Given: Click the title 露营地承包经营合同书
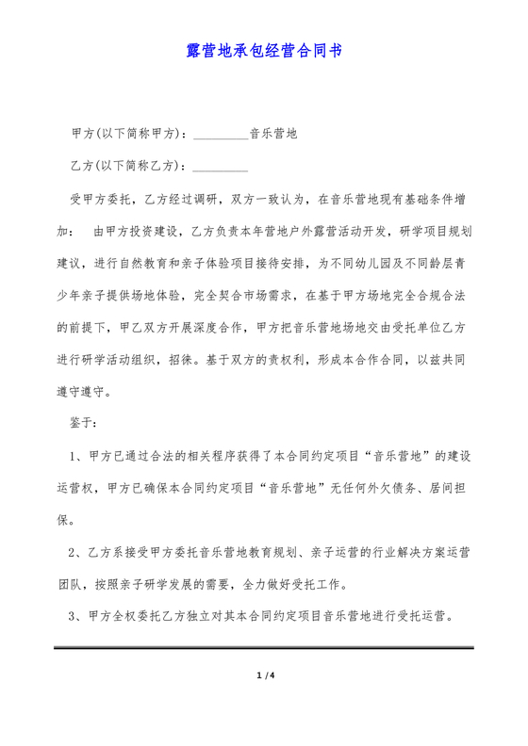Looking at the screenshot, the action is [x=264, y=50].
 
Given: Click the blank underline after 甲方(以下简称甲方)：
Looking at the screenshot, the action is [x=220, y=134].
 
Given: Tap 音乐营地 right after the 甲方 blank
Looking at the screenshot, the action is [x=273, y=134].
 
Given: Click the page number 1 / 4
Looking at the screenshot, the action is [x=264, y=674].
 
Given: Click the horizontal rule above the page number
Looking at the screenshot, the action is [x=264, y=649].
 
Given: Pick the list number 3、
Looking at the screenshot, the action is [x=78, y=617].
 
